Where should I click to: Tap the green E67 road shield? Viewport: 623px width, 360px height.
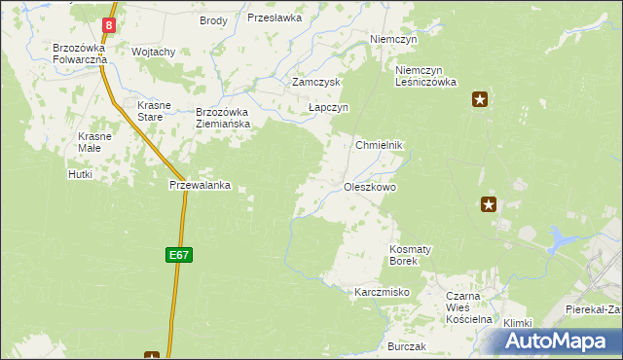(x=178, y=255)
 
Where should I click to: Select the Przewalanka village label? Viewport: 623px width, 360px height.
(x=200, y=185)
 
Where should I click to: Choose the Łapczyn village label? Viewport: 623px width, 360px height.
(x=328, y=108)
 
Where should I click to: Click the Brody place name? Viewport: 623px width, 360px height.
(x=213, y=20)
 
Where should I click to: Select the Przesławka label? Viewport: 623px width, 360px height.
(x=275, y=18)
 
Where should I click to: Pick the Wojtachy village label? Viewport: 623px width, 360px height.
(x=153, y=52)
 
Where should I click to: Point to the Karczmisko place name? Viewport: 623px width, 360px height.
(x=382, y=292)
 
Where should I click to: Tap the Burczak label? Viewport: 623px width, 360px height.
(x=407, y=346)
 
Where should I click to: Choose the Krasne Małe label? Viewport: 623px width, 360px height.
(x=95, y=143)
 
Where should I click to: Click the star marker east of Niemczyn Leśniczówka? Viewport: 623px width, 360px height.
(x=479, y=98)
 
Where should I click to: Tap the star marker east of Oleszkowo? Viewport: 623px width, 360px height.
(x=489, y=203)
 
